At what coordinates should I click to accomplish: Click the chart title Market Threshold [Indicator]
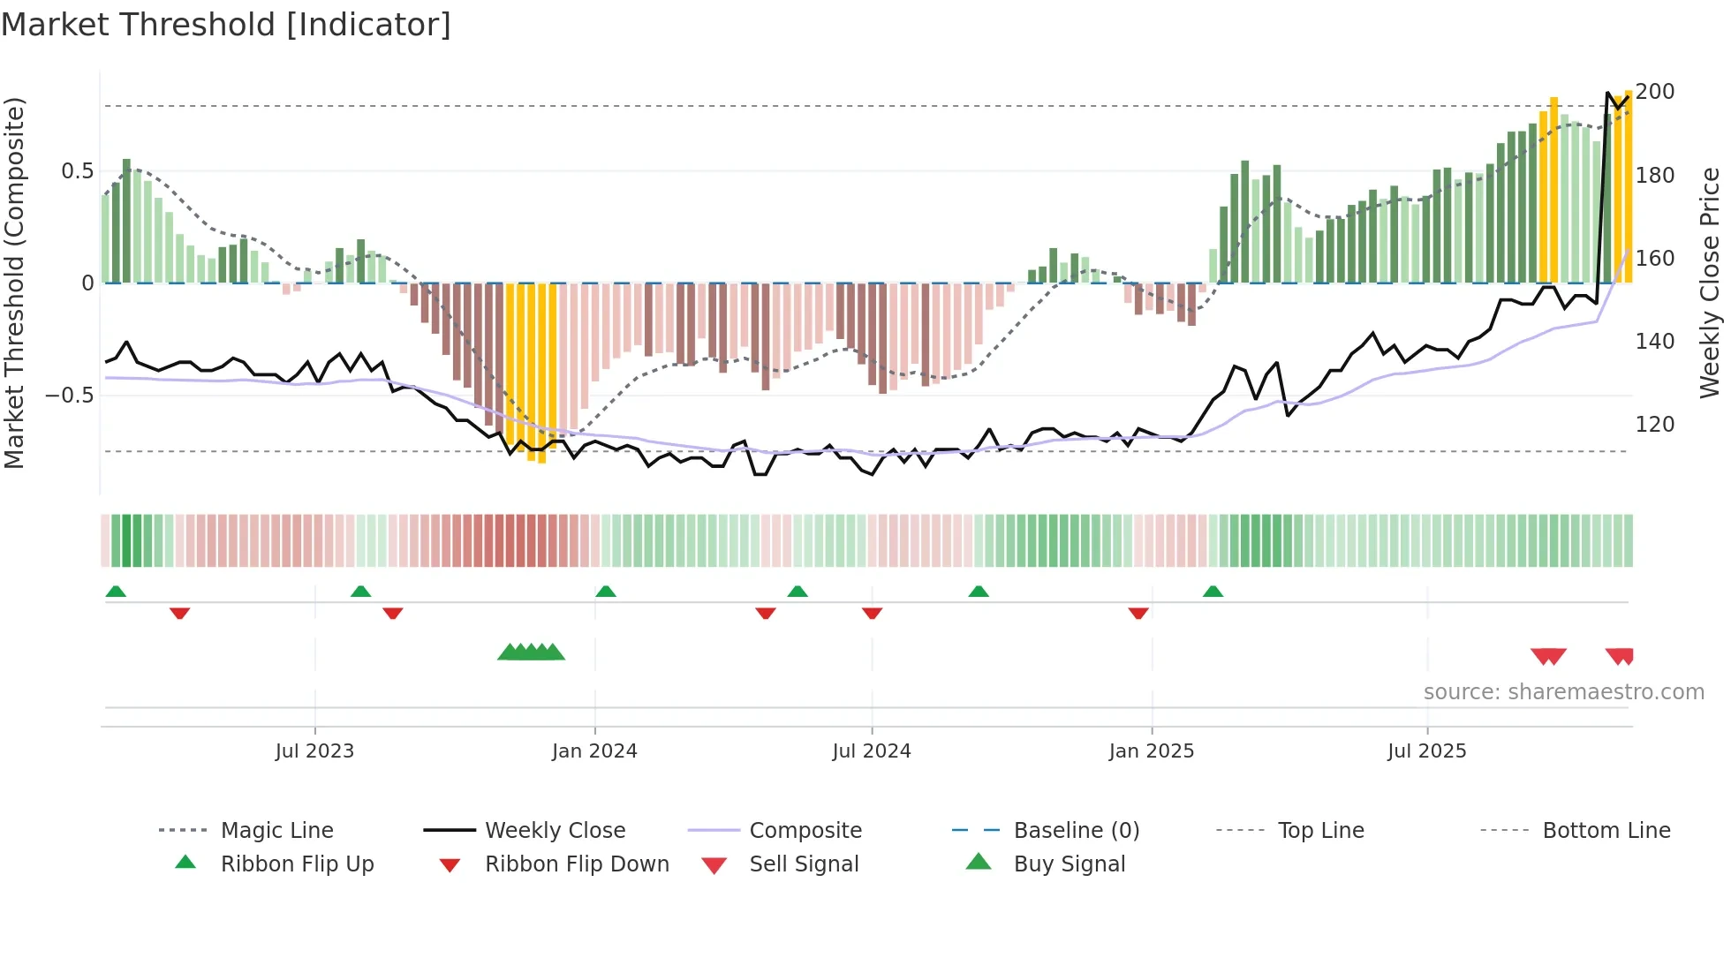226,25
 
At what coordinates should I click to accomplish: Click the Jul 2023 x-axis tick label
314,751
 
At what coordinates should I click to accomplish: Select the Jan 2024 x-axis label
594,751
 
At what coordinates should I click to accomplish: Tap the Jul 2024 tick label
871,751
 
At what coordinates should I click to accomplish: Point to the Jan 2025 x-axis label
1151,751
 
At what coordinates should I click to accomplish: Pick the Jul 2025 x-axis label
1426,751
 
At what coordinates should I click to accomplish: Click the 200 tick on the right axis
1654,92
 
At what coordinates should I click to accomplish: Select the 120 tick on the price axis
1654,425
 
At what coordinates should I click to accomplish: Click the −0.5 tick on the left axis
70,395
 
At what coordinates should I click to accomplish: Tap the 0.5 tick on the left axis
77,171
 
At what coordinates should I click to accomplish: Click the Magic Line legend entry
276,831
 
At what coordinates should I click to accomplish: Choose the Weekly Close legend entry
555,831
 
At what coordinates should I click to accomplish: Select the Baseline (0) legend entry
1076,831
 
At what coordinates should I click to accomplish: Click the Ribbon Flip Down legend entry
576,864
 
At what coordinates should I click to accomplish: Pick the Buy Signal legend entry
1069,864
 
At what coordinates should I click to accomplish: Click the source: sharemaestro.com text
1563,692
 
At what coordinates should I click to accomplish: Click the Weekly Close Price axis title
1710,283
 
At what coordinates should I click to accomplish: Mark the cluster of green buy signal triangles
531,652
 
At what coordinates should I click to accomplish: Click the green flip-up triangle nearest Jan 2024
605,592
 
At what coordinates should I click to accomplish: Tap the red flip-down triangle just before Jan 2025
1138,613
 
